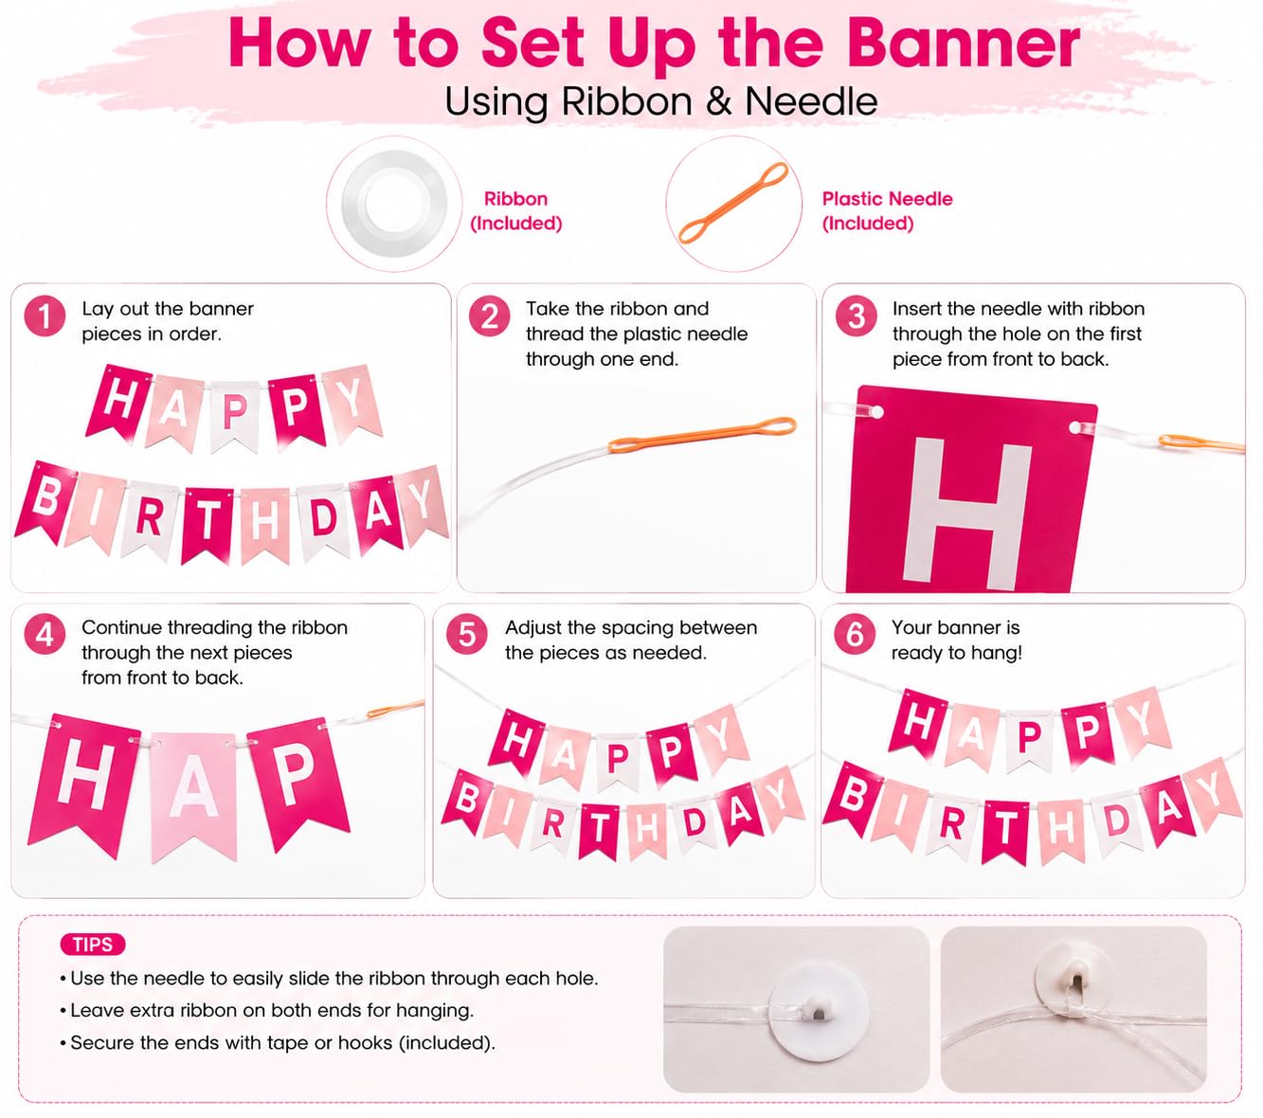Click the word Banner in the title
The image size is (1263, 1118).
tap(963, 44)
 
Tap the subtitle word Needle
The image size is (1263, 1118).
tap(811, 101)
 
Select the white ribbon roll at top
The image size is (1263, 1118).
tap(394, 204)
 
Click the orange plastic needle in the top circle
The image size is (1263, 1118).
tap(733, 203)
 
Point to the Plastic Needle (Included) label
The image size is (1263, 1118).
tap(887, 210)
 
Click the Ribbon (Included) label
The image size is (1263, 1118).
tap(515, 210)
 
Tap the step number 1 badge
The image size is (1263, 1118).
tap(45, 316)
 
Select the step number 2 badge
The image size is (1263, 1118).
tap(489, 316)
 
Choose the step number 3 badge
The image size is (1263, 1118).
tap(856, 316)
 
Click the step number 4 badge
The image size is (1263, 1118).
tap(45, 635)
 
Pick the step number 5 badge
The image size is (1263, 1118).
tap(466, 635)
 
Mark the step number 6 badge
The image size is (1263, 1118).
tap(854, 635)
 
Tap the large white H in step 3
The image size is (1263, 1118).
tap(966, 513)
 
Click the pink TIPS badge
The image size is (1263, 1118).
tap(92, 944)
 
